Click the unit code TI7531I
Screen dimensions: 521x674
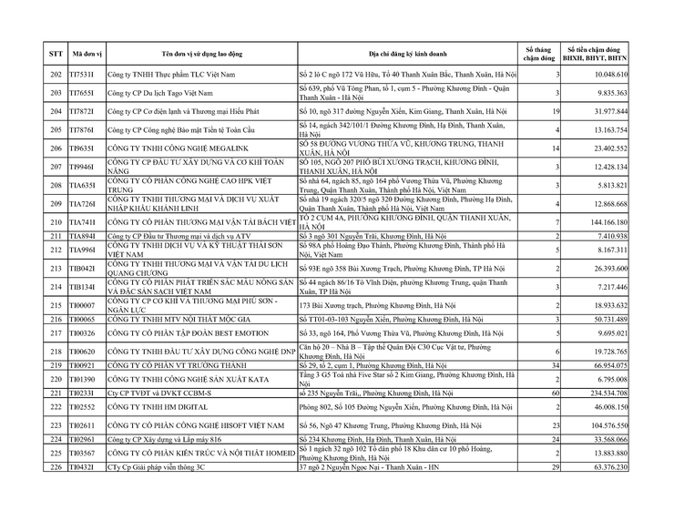tap(83, 73)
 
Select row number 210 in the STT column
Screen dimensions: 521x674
tap(56, 222)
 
